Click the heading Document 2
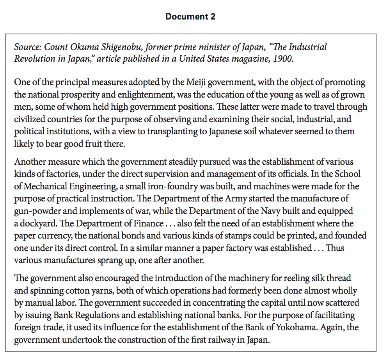pos(190,17)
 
